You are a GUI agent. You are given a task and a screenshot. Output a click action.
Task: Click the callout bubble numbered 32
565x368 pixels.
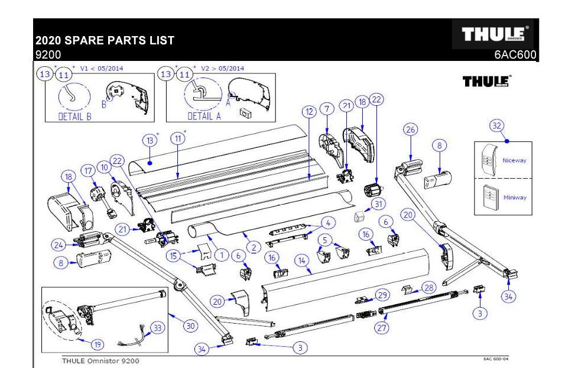[496, 125]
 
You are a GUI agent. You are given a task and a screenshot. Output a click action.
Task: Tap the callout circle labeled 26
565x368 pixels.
[410, 130]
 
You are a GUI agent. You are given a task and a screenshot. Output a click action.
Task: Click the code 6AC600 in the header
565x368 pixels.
[515, 55]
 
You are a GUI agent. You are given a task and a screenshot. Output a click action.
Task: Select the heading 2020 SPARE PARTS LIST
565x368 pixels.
[105, 42]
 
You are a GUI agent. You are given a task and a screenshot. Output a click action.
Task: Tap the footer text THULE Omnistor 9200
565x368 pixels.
[102, 360]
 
